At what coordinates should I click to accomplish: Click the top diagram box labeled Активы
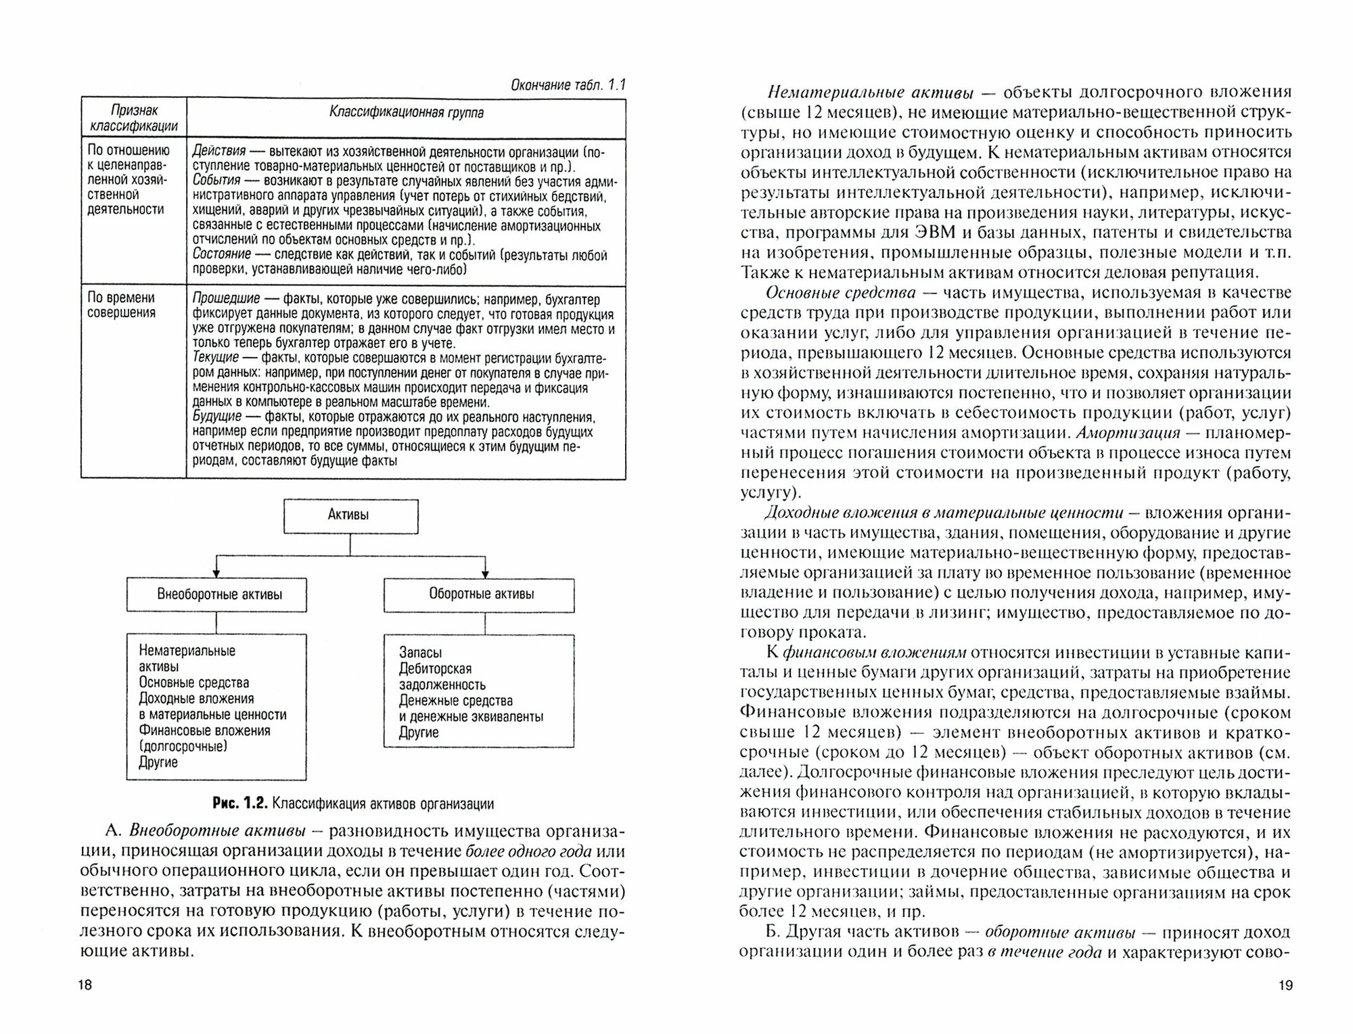coord(350,516)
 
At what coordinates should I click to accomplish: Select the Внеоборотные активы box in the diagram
coord(216,595)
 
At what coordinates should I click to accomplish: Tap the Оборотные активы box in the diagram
coord(480,594)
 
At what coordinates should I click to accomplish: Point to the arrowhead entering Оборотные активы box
coord(484,574)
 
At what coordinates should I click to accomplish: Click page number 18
coord(85,985)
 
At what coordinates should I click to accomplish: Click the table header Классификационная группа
coord(406,113)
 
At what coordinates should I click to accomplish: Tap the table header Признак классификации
coord(133,118)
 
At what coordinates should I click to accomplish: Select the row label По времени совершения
coord(121,305)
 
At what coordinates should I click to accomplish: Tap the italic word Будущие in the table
coord(217,417)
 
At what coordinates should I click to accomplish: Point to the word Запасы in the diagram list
coord(420,653)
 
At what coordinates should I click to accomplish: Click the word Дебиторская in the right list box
coord(435,669)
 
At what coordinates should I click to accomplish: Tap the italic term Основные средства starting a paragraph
coord(840,293)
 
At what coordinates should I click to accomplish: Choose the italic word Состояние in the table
coord(221,255)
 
